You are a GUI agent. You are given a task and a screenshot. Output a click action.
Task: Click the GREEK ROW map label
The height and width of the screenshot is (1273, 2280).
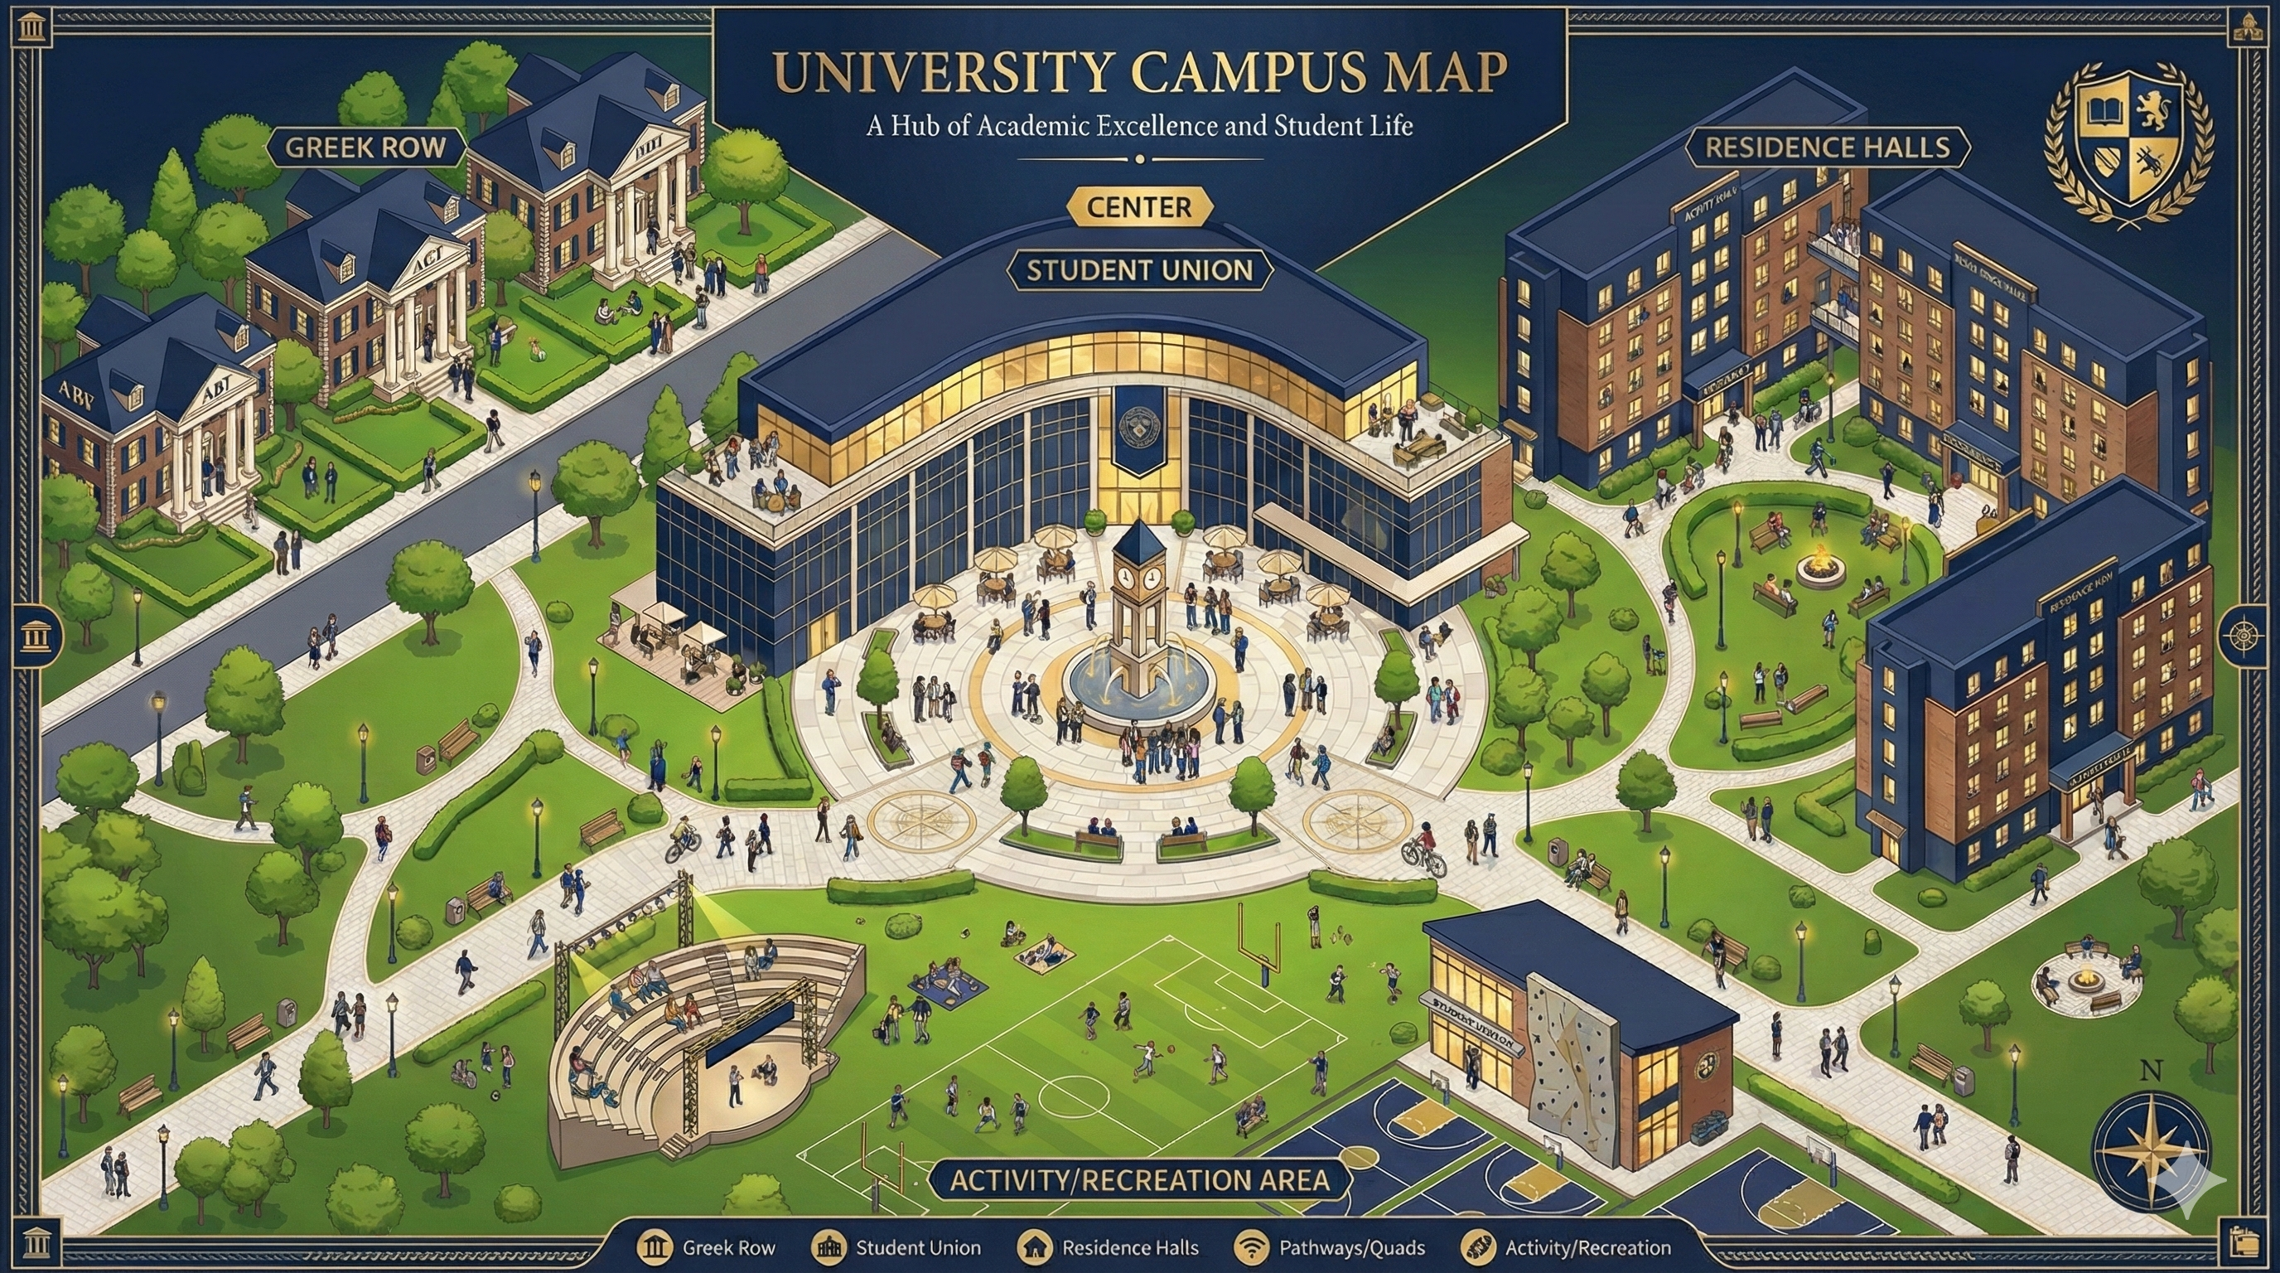[365, 147]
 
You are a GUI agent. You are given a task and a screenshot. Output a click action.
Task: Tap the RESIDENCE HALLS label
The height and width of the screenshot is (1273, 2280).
[1827, 147]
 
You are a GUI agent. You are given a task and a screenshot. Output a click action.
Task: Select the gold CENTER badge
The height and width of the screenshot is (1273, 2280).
[1139, 207]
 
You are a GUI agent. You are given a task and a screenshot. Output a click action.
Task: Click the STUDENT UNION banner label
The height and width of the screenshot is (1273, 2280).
[1139, 270]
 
